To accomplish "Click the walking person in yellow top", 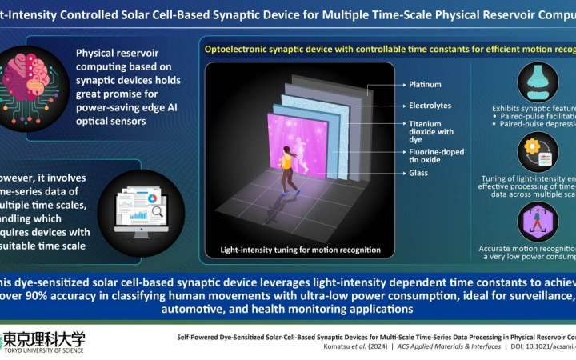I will [x=285, y=179].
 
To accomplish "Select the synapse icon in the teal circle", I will [x=538, y=82].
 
